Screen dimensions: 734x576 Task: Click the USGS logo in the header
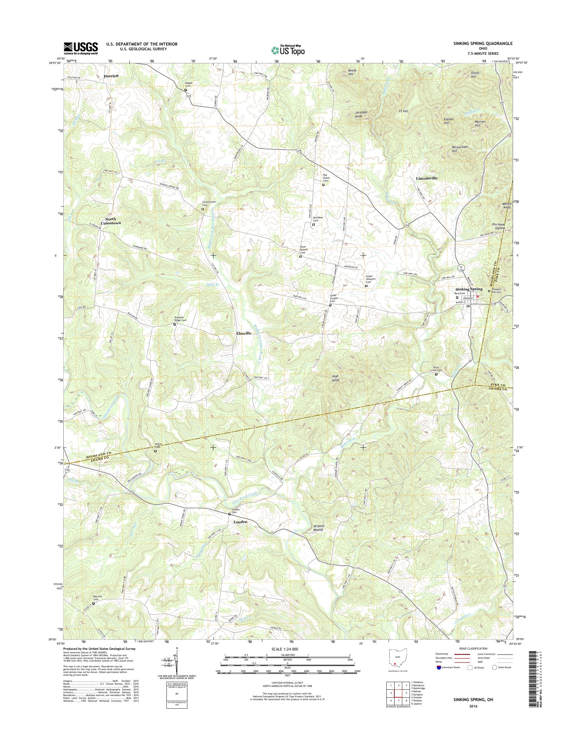point(81,48)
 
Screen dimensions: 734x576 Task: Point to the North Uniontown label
point(111,221)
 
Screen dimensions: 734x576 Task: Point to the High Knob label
point(335,378)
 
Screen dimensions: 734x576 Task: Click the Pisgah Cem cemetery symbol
point(185,90)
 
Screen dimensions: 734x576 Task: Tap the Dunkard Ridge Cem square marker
point(174,324)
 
